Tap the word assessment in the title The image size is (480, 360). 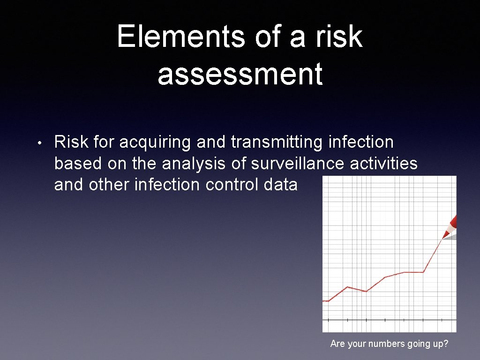tap(240, 74)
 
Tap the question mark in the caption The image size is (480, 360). tap(446, 344)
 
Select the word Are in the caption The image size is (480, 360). tap(337, 344)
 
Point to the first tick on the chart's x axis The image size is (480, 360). tap(329, 320)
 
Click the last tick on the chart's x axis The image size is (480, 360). tap(442, 320)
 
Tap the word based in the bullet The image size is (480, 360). tap(79, 164)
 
